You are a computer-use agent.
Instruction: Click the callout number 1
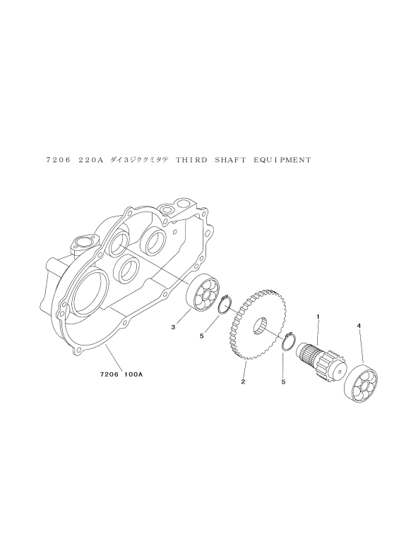[x=318, y=315]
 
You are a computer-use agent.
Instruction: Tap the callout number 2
[x=243, y=382]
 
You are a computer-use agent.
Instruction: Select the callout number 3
[x=173, y=327]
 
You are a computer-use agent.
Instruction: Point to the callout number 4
[x=359, y=325]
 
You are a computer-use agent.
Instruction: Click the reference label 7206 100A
[x=121, y=374]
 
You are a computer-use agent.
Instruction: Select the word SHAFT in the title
[x=230, y=160]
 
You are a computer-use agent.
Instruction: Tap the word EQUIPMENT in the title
[x=282, y=160]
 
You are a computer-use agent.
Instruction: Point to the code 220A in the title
[x=90, y=160]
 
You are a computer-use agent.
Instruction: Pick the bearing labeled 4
[x=362, y=384]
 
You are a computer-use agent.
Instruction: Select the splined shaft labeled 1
[x=321, y=360]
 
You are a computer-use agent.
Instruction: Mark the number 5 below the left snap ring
[x=201, y=336]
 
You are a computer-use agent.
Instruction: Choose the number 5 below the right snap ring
[x=283, y=382]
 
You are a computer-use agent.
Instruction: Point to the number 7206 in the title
[x=59, y=160]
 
